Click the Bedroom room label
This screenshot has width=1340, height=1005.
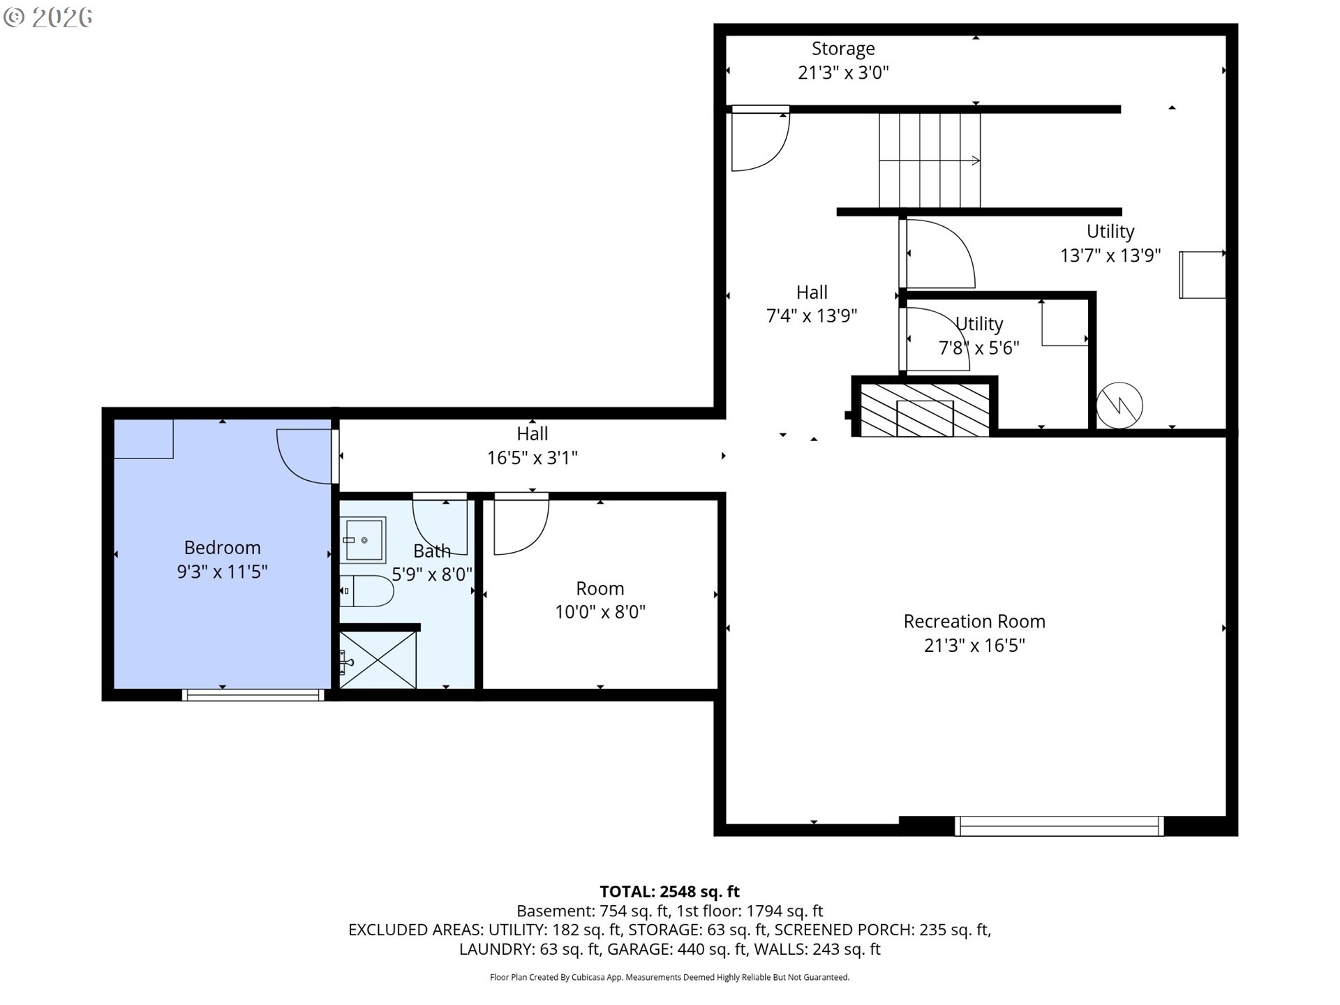coord(222,548)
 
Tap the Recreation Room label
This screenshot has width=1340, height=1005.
coord(974,622)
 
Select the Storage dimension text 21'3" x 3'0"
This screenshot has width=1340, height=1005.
coord(843,73)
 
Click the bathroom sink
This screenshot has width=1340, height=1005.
coord(363,539)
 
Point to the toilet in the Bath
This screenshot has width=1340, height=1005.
coord(367,591)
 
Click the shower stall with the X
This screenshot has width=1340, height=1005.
coord(378,660)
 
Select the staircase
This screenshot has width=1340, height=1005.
coord(930,161)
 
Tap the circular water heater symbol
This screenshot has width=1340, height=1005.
coord(1119,405)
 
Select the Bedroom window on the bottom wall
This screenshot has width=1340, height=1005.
coord(253,694)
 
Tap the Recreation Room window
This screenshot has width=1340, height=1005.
coord(1059,826)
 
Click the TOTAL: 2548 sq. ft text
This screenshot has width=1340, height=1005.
coord(669,891)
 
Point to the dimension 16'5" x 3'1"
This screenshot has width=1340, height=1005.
coord(532,458)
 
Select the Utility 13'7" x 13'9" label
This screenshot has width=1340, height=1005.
coord(1110,243)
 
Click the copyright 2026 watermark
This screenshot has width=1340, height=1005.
coord(47,17)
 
